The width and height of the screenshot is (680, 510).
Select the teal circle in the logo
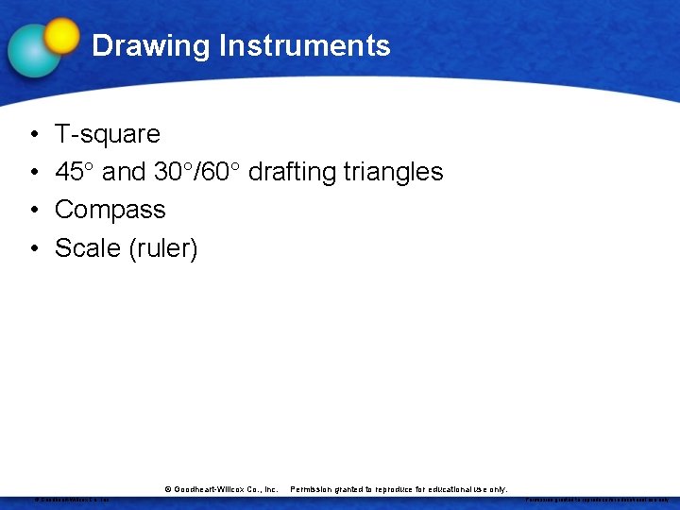pos(34,51)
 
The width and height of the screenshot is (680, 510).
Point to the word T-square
pos(107,134)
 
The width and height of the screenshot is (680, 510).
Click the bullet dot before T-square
pos(33,135)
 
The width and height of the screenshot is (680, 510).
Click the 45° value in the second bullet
pos(75,172)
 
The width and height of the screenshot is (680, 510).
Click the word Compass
pos(110,210)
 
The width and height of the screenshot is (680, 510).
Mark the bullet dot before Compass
pos(33,211)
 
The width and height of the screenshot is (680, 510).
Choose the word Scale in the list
pos(87,247)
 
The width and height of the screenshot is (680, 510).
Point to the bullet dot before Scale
pos(33,248)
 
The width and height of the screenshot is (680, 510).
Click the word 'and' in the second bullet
pos(124,172)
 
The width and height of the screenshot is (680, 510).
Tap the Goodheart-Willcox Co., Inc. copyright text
pos(221,489)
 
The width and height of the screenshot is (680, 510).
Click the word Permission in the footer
pos(314,489)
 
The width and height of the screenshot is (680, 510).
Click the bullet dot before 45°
pos(33,173)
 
